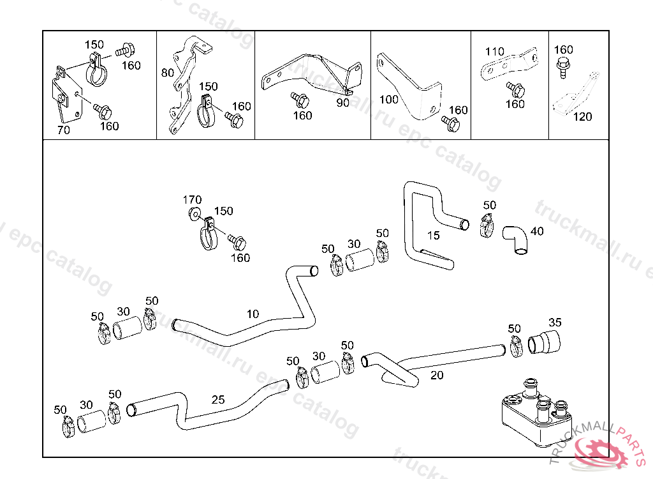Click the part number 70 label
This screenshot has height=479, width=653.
point(63,130)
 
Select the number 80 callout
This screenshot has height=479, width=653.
point(167,73)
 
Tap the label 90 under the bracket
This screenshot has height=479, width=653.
point(342,103)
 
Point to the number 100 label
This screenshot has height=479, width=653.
point(389,100)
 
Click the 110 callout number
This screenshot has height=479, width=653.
point(495,52)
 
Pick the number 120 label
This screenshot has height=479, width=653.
point(582,117)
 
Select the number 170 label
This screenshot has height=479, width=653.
point(192,200)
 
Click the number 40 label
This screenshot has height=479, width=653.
point(537,231)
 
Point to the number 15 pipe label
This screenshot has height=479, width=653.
point(433,236)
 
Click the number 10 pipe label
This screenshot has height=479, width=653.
point(253,314)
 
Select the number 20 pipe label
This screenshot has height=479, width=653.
point(437,376)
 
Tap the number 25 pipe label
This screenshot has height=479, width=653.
point(218,400)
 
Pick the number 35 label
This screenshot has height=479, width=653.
point(555,322)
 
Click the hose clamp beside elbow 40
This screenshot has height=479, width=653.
point(488,224)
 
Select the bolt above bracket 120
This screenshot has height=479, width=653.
point(563,66)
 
